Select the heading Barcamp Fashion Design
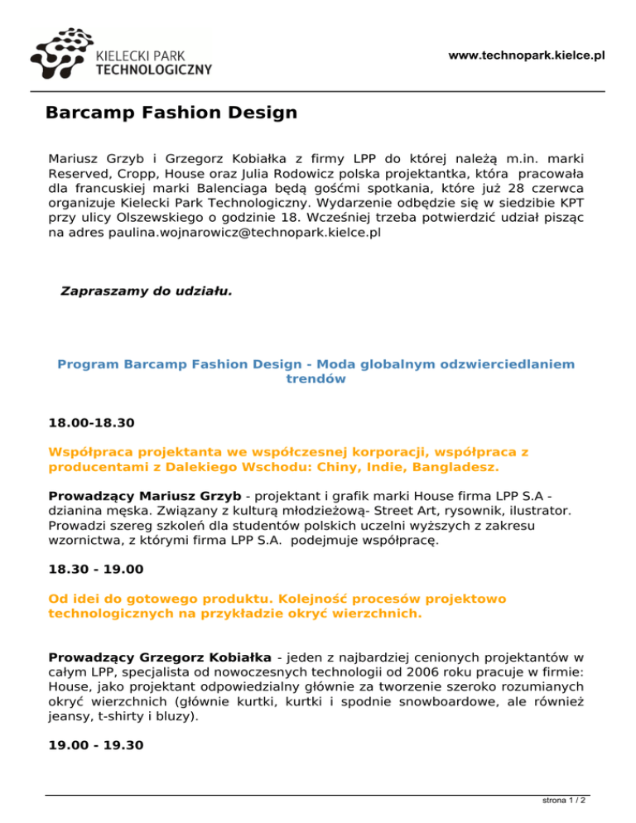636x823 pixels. [x=171, y=112]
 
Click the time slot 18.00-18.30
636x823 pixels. [x=92, y=423]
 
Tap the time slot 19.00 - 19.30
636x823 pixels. [x=97, y=745]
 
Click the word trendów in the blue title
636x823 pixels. [x=316, y=379]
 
